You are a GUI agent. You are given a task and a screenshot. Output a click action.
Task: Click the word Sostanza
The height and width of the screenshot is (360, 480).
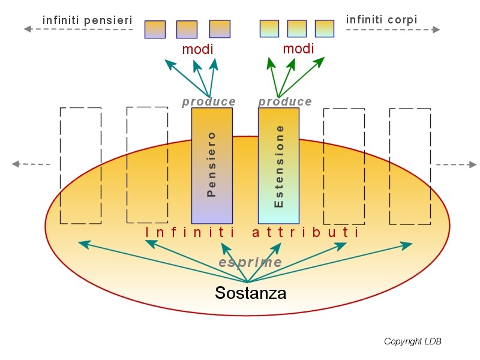tap(250, 293)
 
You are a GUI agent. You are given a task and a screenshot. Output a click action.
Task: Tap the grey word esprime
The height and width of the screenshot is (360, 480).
tap(250, 262)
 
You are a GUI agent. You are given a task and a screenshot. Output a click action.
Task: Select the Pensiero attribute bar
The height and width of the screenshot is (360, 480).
tap(212, 166)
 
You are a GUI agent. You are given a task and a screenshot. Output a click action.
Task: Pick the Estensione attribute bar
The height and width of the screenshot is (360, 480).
tap(278, 166)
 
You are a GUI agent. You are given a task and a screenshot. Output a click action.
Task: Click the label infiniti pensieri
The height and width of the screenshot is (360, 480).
tap(87, 20)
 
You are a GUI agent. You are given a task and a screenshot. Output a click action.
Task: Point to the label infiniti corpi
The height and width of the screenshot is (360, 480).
tap(382, 20)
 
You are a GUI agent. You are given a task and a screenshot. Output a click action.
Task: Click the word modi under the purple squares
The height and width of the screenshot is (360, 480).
tap(197, 49)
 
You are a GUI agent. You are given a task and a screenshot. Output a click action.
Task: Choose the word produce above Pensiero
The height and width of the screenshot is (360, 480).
tap(209, 102)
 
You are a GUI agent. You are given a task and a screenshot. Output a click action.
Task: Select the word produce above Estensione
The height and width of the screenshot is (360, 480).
tap(285, 102)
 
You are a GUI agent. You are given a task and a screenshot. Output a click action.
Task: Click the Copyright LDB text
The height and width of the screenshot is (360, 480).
tap(413, 341)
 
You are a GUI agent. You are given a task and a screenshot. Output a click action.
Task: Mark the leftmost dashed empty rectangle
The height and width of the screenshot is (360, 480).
tap(80, 166)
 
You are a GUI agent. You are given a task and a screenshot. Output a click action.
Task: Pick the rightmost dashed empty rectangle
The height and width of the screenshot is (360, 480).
tap(410, 166)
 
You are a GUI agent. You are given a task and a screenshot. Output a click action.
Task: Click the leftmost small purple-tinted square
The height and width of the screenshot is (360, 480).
tap(155, 29)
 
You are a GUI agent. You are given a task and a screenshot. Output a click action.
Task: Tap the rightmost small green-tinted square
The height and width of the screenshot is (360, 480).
tap(325, 28)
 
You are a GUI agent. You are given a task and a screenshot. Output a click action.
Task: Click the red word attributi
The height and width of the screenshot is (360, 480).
tap(305, 232)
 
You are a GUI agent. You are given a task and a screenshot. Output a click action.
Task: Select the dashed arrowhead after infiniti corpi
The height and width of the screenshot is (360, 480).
tap(436, 29)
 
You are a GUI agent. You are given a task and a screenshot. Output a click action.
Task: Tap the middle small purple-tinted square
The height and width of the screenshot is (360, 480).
tap(187, 29)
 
